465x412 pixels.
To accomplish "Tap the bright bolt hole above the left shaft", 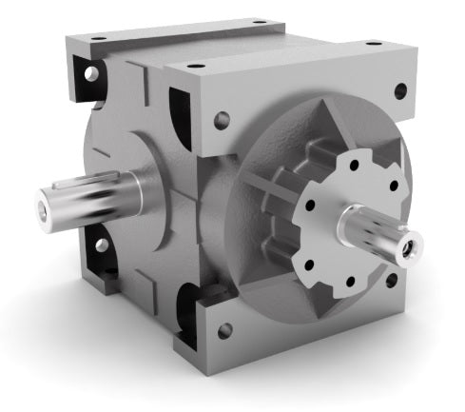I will pos(91,73).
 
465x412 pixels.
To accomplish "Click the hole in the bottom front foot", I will pos(224,331).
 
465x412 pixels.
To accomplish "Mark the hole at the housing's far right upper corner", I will pos(400,90).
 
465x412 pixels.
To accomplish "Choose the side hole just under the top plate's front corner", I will pos(222,121).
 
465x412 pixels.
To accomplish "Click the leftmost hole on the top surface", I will pos(98,37).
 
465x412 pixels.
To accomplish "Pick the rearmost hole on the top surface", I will pos(260,21).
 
